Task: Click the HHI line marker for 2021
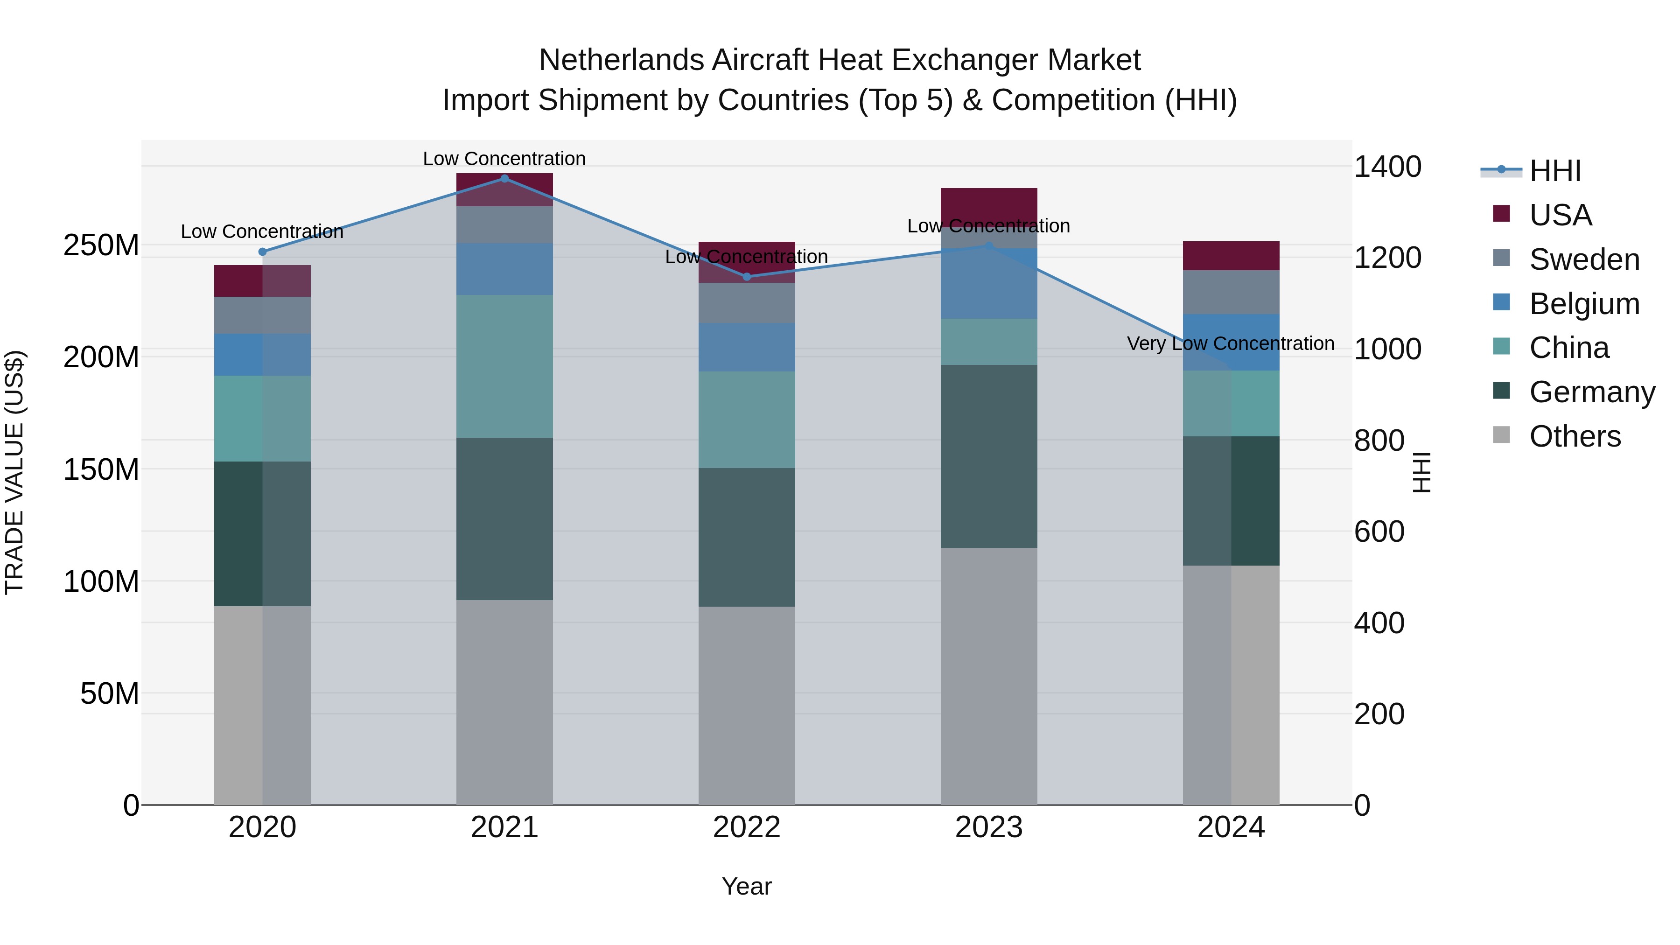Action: (x=504, y=179)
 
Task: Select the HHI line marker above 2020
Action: (x=262, y=252)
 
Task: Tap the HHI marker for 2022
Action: (x=747, y=277)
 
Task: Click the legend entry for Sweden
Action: (x=1583, y=259)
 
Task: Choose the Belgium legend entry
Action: (x=1583, y=304)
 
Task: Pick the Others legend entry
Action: (x=1575, y=436)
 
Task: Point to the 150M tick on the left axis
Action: (x=101, y=469)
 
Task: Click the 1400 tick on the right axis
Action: (x=1387, y=167)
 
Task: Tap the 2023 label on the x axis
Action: (x=989, y=827)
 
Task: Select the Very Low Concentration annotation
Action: (x=1230, y=343)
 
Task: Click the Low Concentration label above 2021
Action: (x=504, y=159)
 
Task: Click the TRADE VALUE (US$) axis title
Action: (x=14, y=472)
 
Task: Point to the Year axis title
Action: (x=746, y=886)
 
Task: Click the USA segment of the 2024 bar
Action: (x=1231, y=256)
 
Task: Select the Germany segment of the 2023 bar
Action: (x=989, y=456)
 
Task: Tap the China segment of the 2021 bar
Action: (x=504, y=366)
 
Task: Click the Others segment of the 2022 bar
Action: (x=747, y=705)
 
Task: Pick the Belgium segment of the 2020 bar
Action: (x=262, y=355)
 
